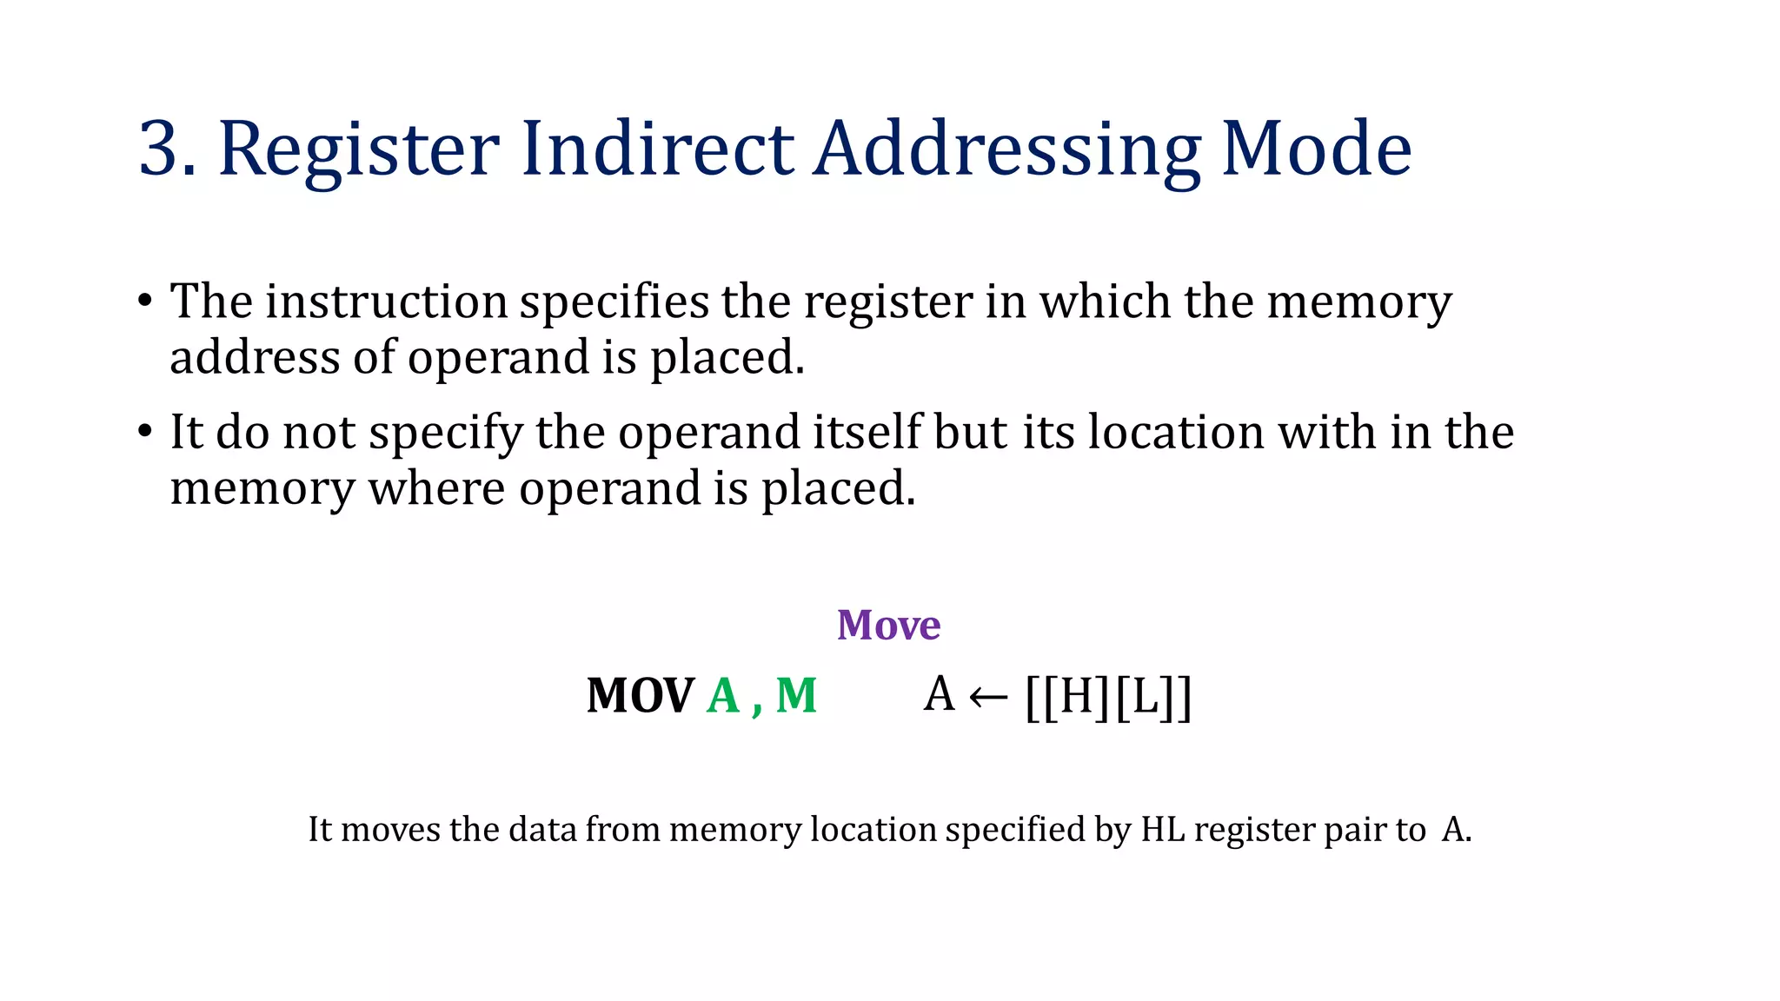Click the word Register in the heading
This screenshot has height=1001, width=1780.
359,149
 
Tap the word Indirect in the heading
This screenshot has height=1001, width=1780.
657,149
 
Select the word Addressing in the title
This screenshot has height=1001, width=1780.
1006,149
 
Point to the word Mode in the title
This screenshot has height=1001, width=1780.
1316,149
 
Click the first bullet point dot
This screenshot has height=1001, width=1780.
145,302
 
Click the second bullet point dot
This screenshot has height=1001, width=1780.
145,432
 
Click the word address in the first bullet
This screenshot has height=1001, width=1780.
255,357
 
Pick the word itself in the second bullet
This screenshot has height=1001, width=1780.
867,432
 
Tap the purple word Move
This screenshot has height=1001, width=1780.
888,625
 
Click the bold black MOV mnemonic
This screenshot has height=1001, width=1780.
640,696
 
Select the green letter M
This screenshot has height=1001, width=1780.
796,696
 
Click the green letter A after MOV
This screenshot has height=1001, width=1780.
723,696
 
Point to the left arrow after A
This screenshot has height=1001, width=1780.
988,697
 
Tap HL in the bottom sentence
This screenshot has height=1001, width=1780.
1163,829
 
